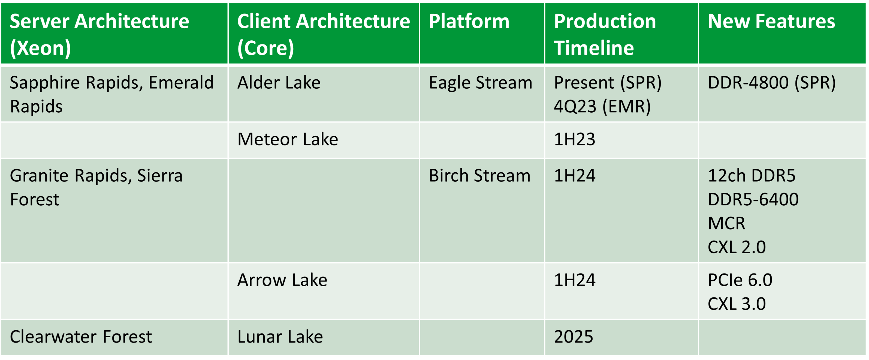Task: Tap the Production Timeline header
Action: pos(605,34)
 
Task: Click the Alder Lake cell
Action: pos(279,83)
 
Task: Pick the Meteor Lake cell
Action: pos(287,139)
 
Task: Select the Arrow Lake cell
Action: pos(282,280)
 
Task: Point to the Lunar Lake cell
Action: pos(280,337)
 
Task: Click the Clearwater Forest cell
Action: pos(81,337)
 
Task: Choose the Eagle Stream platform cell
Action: pos(480,83)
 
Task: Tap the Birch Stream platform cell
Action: pos(479,176)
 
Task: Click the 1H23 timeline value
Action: pos(575,139)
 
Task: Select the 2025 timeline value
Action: pos(574,337)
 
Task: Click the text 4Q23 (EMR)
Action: pos(602,107)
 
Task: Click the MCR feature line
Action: pos(726,223)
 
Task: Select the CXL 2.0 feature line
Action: pos(737,247)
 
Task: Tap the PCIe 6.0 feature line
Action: pos(740,280)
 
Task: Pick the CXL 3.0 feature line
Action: pos(737,304)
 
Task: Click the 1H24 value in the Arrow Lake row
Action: pos(575,280)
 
